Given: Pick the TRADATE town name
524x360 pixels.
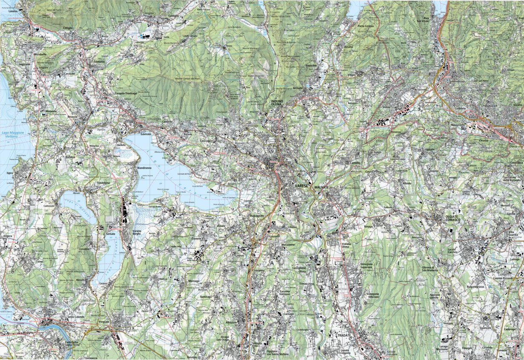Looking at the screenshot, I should point(343,335).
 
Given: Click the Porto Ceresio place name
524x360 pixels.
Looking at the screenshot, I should point(366,26).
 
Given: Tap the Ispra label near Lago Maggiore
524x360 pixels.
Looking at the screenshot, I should point(9,173).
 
